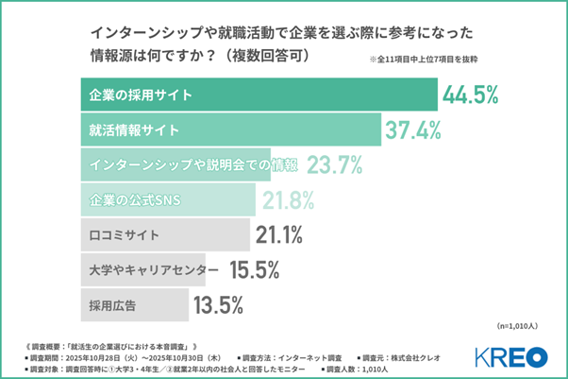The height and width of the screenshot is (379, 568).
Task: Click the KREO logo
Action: [510, 356]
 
